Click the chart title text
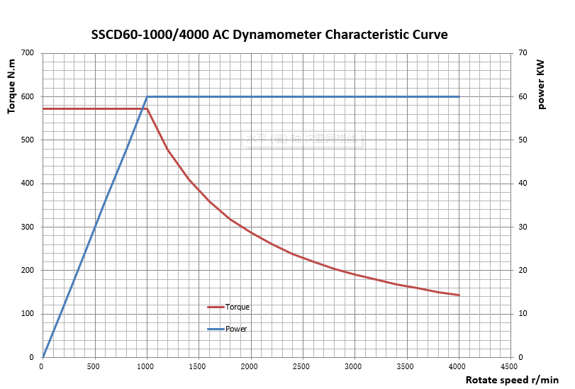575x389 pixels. pos(269,34)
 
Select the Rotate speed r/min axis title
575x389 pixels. pos(512,380)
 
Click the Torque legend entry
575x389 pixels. pos(237,307)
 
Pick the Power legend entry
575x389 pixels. pos(235,329)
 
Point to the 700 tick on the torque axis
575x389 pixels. pos(28,53)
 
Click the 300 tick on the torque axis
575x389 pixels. pos(28,227)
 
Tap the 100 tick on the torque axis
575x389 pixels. pos(28,314)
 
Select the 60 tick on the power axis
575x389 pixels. pos(523,96)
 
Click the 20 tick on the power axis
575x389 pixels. pos(523,271)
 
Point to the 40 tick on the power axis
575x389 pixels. pos(523,184)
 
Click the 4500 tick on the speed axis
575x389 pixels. pos(509,366)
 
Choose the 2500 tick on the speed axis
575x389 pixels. pos(302,366)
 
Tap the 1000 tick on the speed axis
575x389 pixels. pos(146,366)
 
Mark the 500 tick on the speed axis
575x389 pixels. pos(94,366)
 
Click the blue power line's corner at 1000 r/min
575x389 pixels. pos(147,96)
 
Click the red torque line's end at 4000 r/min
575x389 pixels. pos(459,295)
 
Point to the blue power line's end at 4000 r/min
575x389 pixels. pos(459,96)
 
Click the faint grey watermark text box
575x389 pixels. pos(303,139)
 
